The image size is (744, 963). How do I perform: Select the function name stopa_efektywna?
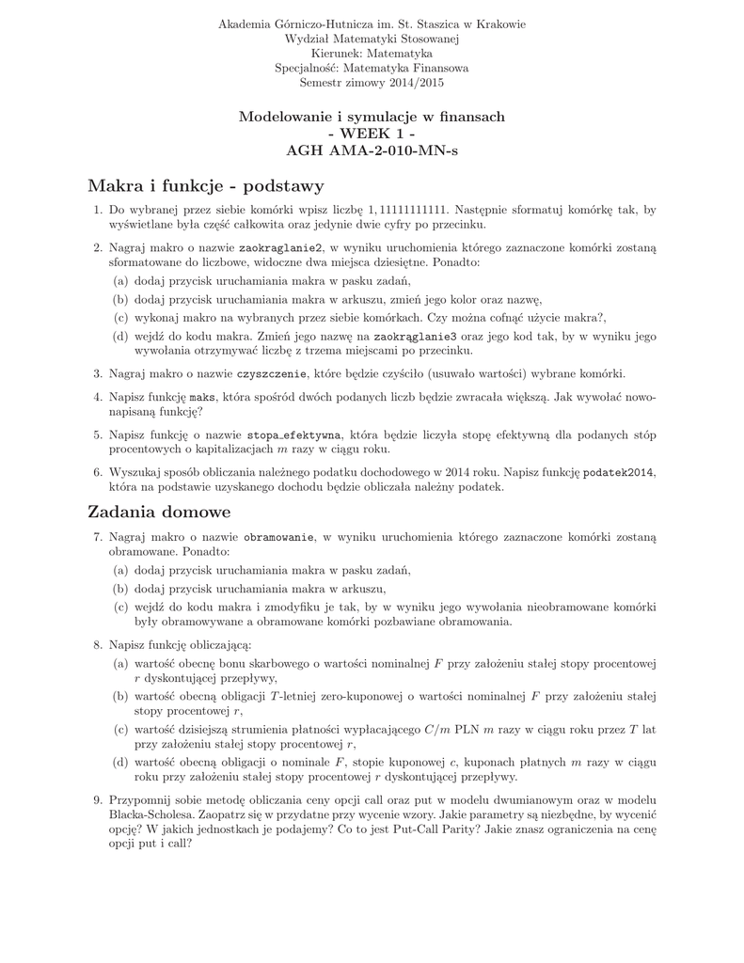(x=294, y=435)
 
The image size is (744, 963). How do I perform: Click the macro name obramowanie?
(x=279, y=536)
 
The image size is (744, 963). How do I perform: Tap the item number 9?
(x=97, y=799)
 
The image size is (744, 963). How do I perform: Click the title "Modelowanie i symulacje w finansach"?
(x=372, y=117)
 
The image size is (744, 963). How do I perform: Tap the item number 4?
(x=97, y=398)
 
